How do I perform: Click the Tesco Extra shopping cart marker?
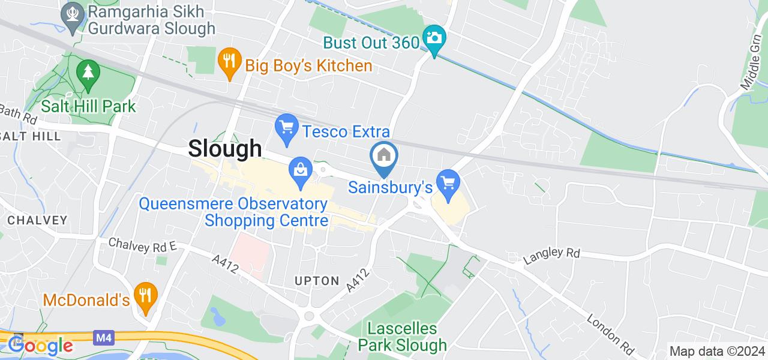click(x=287, y=127)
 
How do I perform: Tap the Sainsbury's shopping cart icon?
click(x=448, y=181)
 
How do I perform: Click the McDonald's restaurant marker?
click(x=145, y=295)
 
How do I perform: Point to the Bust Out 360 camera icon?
click(x=433, y=38)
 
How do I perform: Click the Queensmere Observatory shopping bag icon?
click(x=301, y=170)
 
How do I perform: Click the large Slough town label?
click(x=226, y=148)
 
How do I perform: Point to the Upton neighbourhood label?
click(x=317, y=280)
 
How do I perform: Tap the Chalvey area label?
click(x=37, y=220)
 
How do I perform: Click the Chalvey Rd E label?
click(x=142, y=244)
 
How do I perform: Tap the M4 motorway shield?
click(x=102, y=338)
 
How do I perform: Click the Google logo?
click(x=40, y=345)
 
